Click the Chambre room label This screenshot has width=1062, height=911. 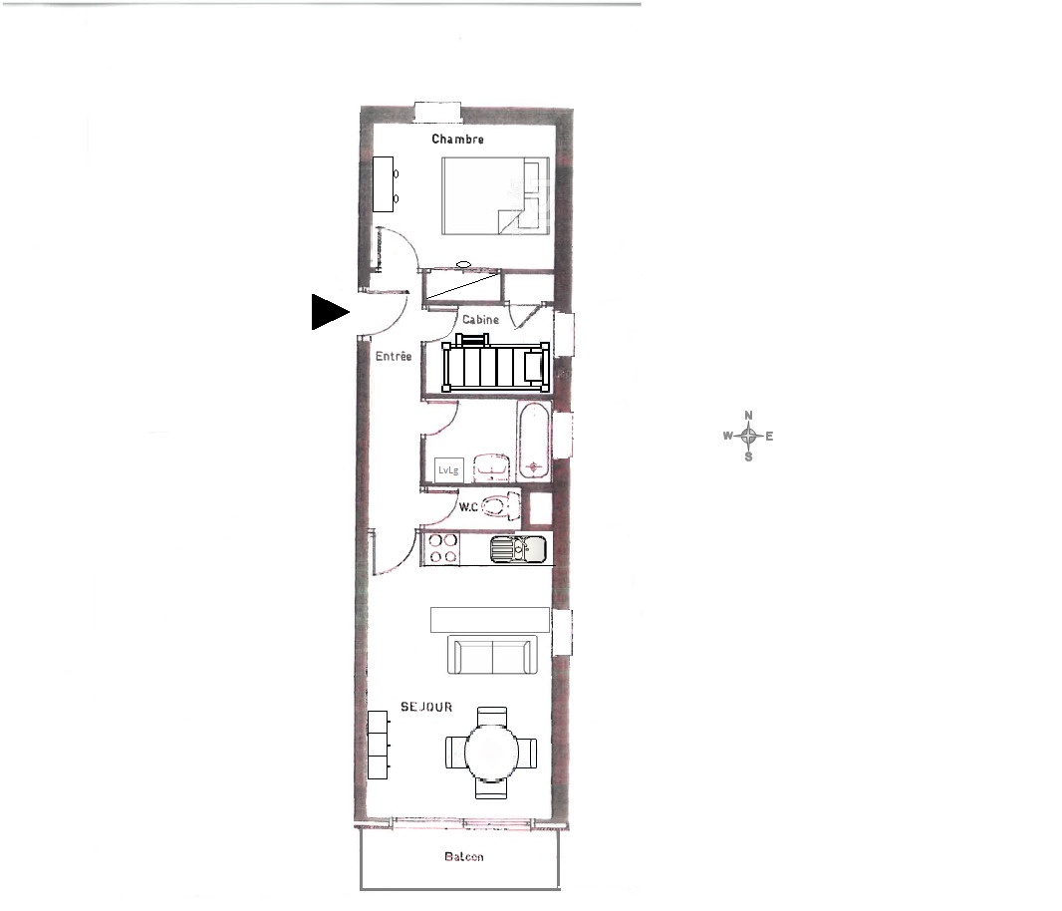[x=458, y=139]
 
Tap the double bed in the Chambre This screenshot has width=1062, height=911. [x=495, y=196]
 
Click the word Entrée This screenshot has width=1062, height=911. [x=394, y=356]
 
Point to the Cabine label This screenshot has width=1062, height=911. [x=480, y=319]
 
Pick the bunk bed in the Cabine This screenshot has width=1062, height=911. [x=496, y=364]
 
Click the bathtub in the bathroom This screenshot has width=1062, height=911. [x=534, y=441]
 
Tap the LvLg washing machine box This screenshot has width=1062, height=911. [x=448, y=469]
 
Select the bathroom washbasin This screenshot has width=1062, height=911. [x=491, y=467]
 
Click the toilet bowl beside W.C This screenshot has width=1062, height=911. [x=501, y=506]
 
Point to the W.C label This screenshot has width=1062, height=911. [x=468, y=507]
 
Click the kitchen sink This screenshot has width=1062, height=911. [x=518, y=549]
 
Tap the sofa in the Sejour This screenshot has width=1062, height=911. [x=492, y=655]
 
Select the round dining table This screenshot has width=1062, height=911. [x=492, y=753]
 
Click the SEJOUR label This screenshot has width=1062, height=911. [x=426, y=707]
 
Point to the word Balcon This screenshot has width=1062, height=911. [x=464, y=857]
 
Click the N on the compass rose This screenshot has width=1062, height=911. [x=748, y=416]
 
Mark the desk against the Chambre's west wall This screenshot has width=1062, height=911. [x=384, y=184]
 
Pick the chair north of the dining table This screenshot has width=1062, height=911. [x=492, y=716]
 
